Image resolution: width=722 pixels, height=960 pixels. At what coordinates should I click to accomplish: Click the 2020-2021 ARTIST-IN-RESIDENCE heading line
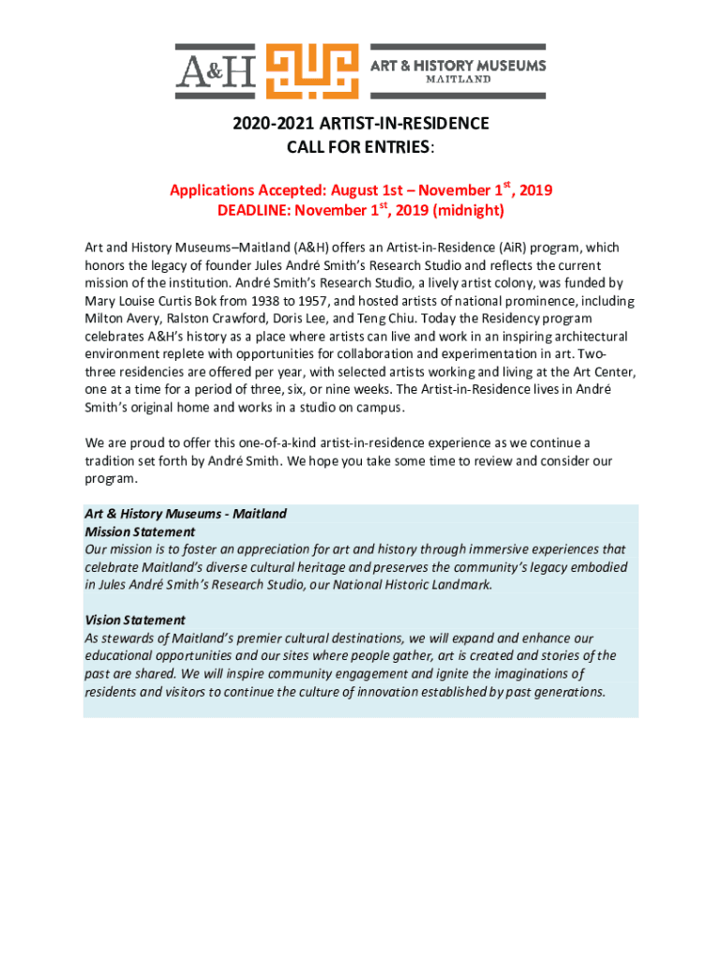[361, 124]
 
